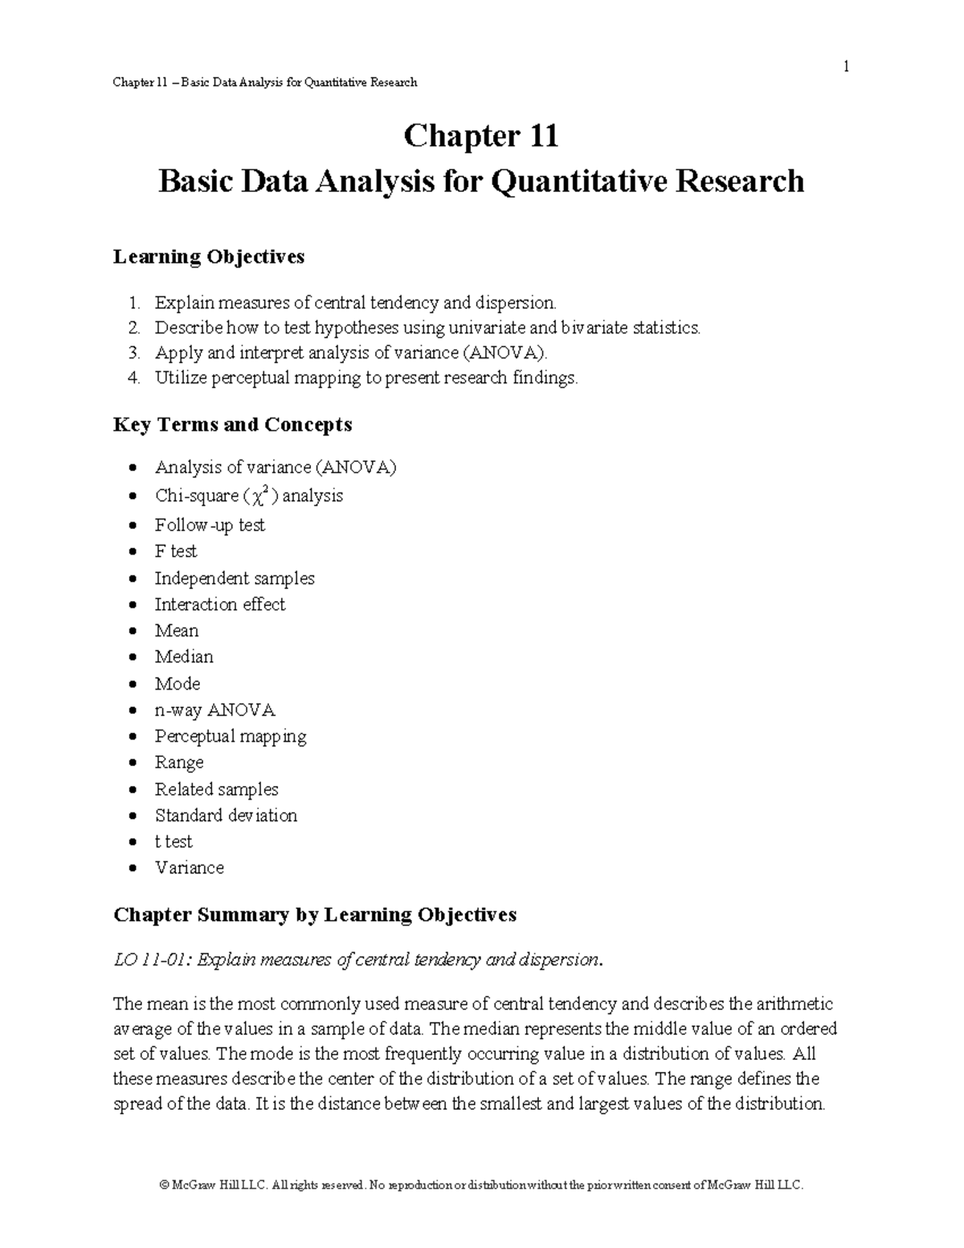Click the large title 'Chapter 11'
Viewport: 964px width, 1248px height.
[x=480, y=136]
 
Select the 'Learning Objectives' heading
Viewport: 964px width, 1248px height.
[x=209, y=256]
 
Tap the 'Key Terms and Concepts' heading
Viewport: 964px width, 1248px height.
[x=232, y=424]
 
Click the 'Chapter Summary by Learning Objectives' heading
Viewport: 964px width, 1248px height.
[x=315, y=915]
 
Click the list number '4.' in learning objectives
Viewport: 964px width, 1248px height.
[x=134, y=378]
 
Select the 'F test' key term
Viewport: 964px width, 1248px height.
[x=175, y=551]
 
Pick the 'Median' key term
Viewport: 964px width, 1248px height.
[x=184, y=657]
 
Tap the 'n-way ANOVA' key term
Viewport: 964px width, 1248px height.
[x=214, y=710]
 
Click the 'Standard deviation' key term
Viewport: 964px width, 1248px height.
[x=226, y=816]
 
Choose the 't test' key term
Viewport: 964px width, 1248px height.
[x=174, y=841]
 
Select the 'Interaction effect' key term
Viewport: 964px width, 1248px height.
[x=219, y=604]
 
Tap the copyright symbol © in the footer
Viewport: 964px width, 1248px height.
[x=165, y=1185]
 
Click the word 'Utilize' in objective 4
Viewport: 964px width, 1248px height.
[x=181, y=378]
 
